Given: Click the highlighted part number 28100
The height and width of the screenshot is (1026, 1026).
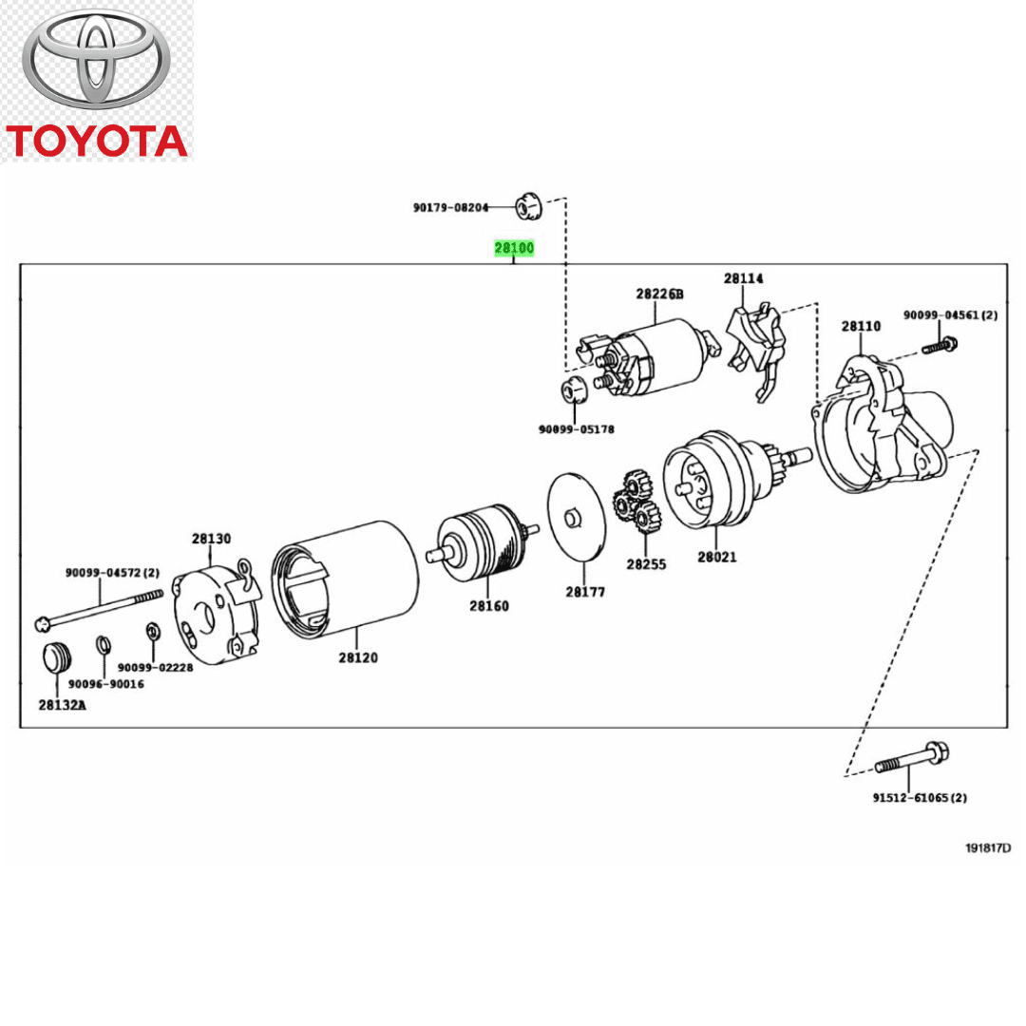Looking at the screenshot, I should (514, 249).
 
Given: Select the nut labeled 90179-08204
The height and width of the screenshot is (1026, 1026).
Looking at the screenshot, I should (527, 206).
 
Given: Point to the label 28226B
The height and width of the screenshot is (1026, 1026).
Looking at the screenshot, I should (659, 294).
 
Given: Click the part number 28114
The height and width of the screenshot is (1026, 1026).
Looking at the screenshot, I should (743, 278).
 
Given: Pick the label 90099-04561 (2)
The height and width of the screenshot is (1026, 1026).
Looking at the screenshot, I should (950, 315).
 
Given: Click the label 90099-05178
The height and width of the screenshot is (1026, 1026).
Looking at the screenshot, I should (576, 429).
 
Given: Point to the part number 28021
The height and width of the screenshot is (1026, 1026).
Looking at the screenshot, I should (716, 557).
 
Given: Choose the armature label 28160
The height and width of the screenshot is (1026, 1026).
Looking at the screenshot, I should (488, 605).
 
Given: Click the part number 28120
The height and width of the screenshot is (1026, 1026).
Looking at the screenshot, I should (358, 657).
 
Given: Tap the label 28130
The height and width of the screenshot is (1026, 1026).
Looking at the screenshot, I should (211, 539).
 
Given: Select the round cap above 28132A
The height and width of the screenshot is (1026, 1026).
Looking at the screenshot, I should (57, 656).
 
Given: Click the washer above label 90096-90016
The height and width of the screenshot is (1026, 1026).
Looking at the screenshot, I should (103, 647).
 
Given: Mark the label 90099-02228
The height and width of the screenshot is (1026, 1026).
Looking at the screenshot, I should (156, 668).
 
